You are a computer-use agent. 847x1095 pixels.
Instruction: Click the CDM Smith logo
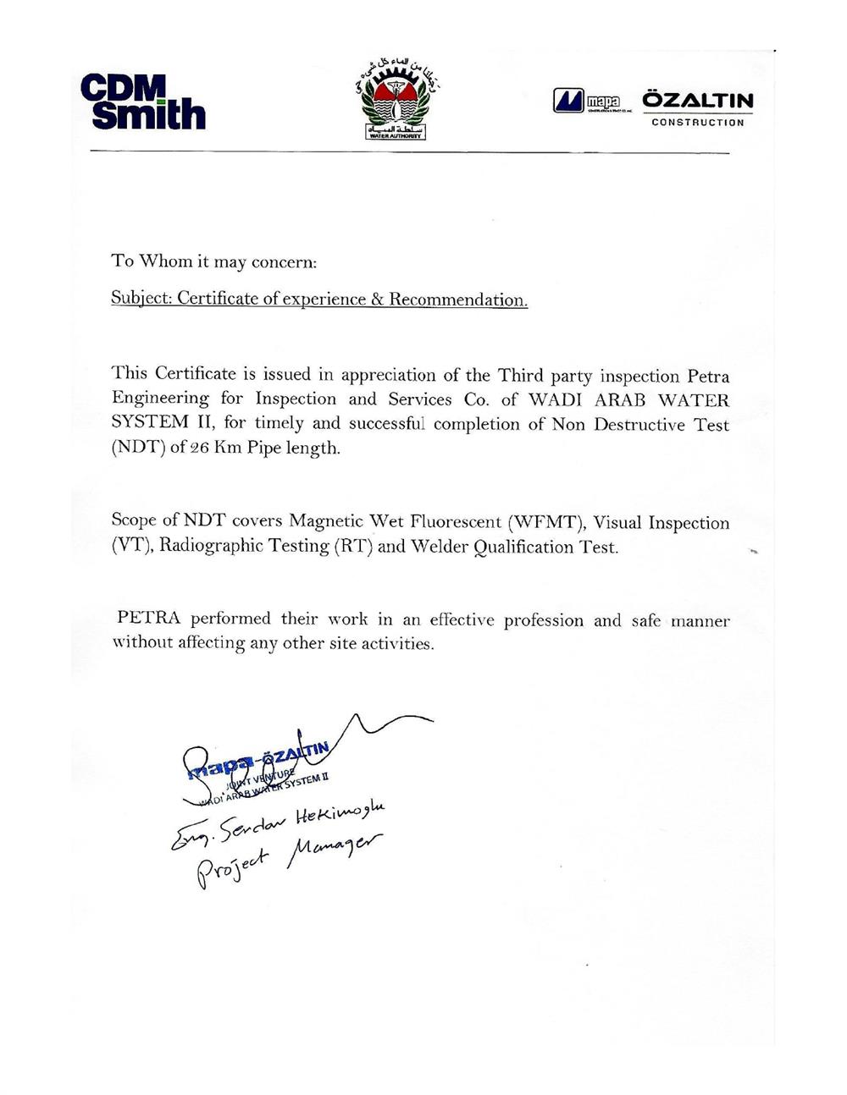[143, 102]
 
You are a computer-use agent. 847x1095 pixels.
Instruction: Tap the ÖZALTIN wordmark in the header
[697, 101]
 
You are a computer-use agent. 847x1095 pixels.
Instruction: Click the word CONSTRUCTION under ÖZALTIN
[697, 123]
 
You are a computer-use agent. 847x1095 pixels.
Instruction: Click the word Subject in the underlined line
[140, 299]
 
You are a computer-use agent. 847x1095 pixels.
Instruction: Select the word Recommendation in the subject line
[457, 300]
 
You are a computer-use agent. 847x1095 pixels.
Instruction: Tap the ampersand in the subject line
[378, 300]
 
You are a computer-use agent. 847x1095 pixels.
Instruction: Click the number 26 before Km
[200, 448]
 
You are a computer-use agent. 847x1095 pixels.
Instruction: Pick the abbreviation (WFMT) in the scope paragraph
[552, 522]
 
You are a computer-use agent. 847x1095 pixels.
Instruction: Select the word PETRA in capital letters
[148, 619]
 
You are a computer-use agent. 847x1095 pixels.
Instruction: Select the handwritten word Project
[232, 865]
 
